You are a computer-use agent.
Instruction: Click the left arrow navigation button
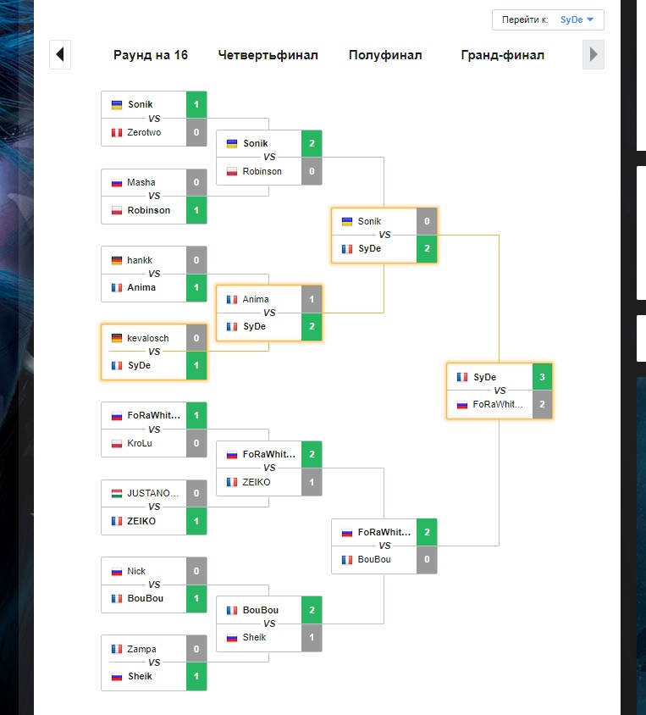[x=60, y=55]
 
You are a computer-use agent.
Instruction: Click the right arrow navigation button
[x=594, y=55]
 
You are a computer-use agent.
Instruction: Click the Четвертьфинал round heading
[x=268, y=55]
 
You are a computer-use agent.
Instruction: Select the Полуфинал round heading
[x=385, y=55]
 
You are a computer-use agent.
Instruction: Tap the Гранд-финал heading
[x=503, y=55]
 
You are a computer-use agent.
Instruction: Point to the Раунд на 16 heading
[x=151, y=55]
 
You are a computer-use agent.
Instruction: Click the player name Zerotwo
[x=144, y=132]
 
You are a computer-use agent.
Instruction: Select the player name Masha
[x=141, y=182]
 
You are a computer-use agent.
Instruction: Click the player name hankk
[x=140, y=260]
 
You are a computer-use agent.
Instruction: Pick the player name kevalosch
[x=148, y=338]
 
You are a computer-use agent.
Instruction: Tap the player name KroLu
[x=141, y=443]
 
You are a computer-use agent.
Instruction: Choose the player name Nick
[x=136, y=571]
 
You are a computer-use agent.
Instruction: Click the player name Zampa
[x=141, y=649]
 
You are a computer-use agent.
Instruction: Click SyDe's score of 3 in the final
[x=542, y=377]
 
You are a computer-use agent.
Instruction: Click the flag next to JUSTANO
[x=117, y=493]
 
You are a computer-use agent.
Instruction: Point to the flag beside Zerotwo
[x=117, y=132]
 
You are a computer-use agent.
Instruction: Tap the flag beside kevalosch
[x=117, y=338]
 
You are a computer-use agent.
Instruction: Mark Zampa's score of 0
[x=196, y=649]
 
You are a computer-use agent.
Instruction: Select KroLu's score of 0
[x=196, y=443]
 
